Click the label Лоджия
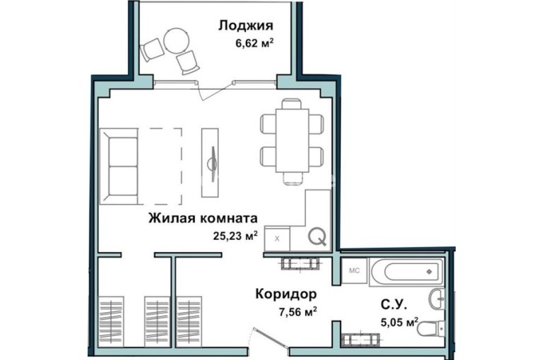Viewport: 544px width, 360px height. click(246, 26)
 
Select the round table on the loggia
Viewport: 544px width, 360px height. click(177, 40)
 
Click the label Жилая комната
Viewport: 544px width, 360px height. click(203, 219)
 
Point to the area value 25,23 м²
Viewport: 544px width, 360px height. click(235, 236)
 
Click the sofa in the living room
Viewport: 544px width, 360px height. click(119, 166)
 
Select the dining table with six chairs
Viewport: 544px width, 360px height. click(292, 140)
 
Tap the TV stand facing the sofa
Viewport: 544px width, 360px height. click(210, 162)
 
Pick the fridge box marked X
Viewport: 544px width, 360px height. click(277, 239)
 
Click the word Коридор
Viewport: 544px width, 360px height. click(286, 294)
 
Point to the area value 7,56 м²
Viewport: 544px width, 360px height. click(298, 312)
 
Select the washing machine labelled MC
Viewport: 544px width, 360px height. click(354, 270)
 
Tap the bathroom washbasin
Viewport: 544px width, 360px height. click(437, 299)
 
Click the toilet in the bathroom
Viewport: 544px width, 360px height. click(431, 328)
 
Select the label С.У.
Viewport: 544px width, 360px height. click(394, 305)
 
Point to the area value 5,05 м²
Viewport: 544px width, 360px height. click(399, 323)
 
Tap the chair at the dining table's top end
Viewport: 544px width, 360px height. click(291, 104)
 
